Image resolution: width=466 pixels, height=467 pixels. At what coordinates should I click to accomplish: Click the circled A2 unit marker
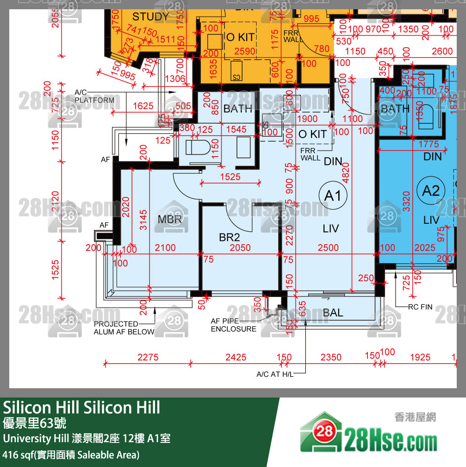tap(430, 190)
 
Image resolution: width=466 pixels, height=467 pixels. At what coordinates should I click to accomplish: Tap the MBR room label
tap(170, 219)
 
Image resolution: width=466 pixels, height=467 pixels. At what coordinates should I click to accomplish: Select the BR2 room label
tap(230, 237)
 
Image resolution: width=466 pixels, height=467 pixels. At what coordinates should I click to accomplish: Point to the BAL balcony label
tap(333, 313)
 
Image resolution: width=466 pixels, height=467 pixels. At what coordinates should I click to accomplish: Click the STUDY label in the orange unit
tap(150, 17)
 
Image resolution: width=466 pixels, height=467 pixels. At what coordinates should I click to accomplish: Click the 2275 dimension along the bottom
tap(148, 357)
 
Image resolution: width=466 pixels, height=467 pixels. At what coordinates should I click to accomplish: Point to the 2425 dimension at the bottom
tap(236, 357)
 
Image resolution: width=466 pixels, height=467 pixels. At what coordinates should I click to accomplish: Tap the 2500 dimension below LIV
tap(328, 248)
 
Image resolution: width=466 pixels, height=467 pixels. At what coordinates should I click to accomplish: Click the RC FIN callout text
tap(420, 307)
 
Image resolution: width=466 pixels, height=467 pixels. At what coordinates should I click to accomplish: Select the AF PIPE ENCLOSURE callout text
tap(233, 325)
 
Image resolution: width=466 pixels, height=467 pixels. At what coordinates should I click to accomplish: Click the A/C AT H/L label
tap(275, 374)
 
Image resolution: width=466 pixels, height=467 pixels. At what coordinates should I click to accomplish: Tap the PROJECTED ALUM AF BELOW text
tap(124, 328)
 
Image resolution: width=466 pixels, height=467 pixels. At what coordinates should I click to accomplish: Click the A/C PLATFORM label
tap(94, 96)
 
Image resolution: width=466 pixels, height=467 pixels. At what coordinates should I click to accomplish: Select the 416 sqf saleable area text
tap(71, 454)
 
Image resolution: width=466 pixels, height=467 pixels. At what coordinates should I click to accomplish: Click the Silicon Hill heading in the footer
tap(81, 407)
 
